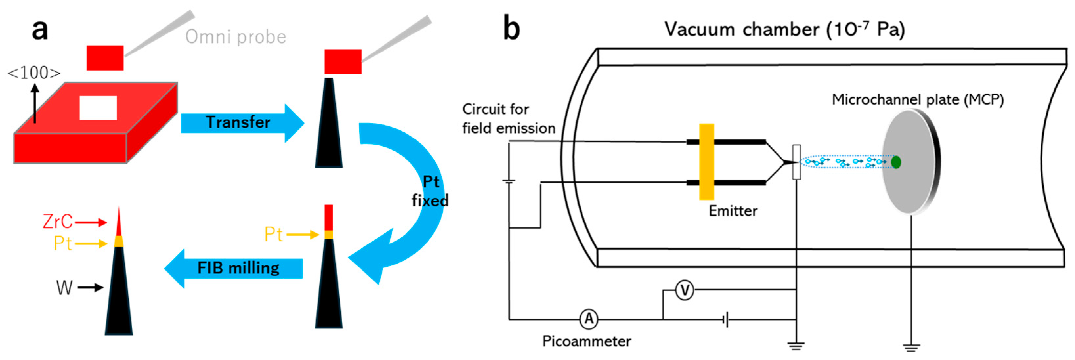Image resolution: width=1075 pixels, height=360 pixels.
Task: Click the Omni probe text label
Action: (x=236, y=37)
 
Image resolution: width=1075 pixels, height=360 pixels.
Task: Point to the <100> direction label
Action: (x=34, y=73)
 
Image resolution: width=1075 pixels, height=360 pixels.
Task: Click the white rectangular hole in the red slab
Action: (x=98, y=108)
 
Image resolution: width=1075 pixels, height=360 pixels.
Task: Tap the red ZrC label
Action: (x=57, y=222)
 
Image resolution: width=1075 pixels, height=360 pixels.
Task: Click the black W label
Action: (x=64, y=288)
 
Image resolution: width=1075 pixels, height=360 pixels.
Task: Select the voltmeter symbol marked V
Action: (x=684, y=290)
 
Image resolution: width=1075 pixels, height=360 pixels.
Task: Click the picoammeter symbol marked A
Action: (x=589, y=319)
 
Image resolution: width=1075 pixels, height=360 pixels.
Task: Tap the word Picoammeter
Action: (x=586, y=341)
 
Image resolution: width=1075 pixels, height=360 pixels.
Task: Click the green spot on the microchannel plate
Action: (x=895, y=162)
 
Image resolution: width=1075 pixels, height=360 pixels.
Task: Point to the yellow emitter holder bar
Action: (x=707, y=162)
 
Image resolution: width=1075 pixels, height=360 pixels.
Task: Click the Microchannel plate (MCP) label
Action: (x=918, y=100)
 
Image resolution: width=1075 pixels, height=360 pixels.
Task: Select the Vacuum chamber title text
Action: (x=784, y=30)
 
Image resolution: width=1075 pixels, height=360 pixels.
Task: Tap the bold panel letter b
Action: (x=512, y=28)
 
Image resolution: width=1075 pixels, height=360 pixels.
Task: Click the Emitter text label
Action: (x=733, y=211)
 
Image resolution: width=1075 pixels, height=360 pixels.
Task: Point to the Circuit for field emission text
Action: (x=508, y=119)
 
